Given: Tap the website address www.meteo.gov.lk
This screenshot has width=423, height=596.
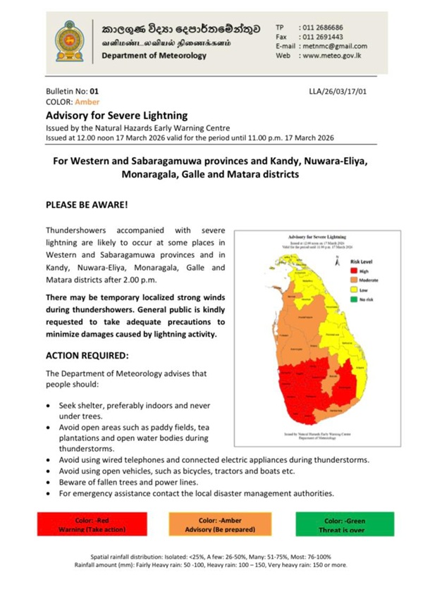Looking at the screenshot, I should [x=332, y=55].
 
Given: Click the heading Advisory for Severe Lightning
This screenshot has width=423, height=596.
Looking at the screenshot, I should [x=116, y=114].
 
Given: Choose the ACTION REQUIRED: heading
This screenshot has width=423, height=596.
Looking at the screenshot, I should [x=87, y=355].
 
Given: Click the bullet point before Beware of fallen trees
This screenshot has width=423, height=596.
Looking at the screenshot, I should [x=47, y=482].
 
